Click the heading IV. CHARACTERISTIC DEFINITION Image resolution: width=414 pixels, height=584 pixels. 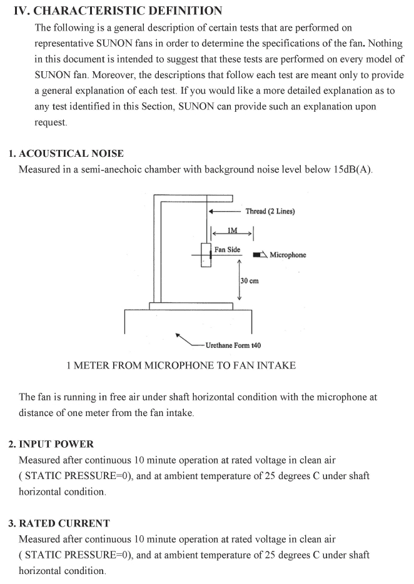point(118,11)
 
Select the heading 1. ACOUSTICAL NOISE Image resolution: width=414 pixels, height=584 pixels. point(66,154)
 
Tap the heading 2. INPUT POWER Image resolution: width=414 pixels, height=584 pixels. point(51,444)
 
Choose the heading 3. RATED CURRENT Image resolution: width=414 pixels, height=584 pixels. point(59,523)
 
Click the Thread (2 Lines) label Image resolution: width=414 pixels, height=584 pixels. point(270,211)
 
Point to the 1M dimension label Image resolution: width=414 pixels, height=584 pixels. point(232,230)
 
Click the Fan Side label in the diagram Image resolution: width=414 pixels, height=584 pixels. point(227,250)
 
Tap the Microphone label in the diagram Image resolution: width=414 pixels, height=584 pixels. point(288,255)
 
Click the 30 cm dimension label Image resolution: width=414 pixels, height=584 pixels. point(250,281)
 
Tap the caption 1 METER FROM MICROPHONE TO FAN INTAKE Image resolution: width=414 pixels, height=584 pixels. point(181,365)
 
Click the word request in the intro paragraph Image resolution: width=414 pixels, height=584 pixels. point(49,122)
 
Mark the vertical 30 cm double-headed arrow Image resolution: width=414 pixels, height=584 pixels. point(240,280)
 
